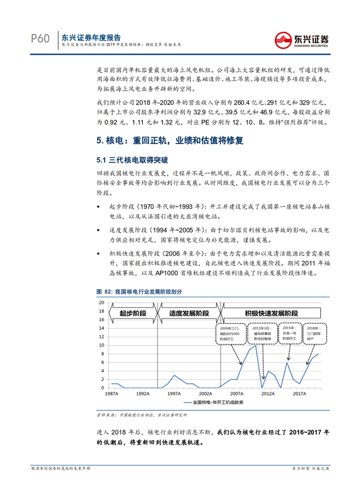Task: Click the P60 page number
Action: click(x=40, y=38)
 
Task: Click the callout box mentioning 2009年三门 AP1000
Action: click(x=231, y=333)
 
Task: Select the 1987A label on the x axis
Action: click(x=111, y=393)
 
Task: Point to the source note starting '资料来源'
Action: click(x=146, y=414)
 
